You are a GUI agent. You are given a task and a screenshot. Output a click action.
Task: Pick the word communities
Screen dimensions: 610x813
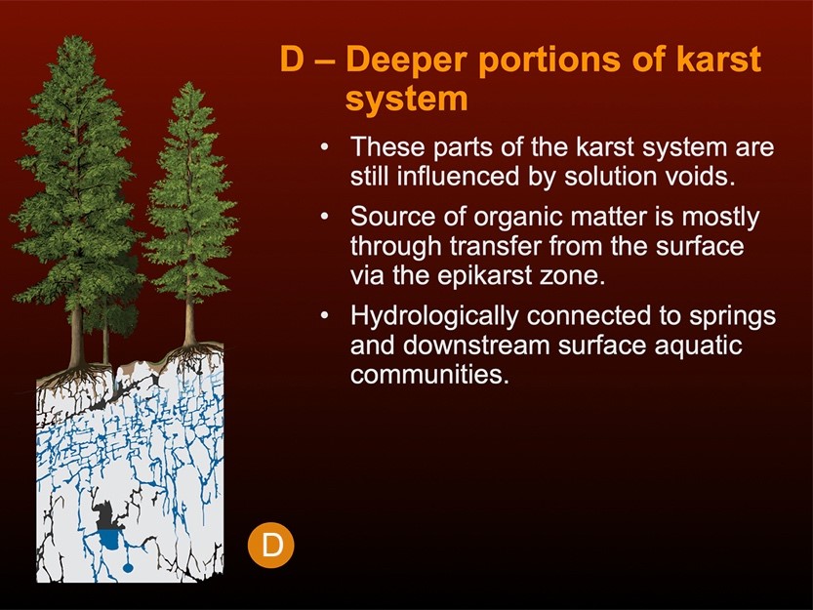click(x=429, y=375)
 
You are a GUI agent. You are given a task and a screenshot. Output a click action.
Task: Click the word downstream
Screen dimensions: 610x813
click(x=485, y=346)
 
